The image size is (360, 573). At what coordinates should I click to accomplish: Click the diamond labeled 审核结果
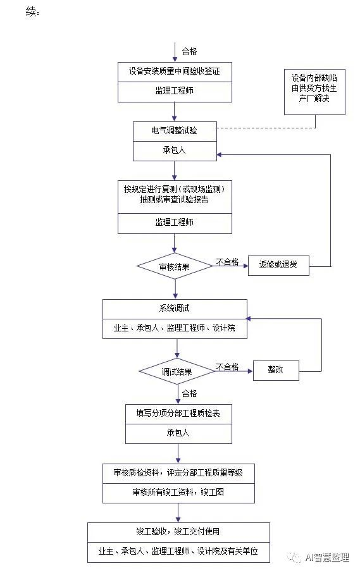point(175,266)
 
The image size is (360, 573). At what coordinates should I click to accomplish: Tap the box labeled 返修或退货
point(278,266)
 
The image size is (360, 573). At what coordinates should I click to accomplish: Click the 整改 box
point(275,370)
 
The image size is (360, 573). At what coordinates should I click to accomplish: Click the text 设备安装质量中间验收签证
point(174,71)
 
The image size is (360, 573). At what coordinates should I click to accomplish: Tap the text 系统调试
point(175,308)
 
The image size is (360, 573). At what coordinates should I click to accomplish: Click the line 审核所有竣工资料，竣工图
point(178,492)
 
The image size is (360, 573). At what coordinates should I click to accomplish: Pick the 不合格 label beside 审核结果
point(227,261)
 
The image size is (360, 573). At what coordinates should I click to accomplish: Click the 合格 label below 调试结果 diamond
point(189,393)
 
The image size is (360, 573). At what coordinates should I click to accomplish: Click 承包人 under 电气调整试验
point(174,151)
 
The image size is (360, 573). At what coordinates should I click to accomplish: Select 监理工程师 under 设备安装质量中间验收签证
point(174,92)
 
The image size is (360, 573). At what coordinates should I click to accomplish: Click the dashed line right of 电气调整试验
point(266,128)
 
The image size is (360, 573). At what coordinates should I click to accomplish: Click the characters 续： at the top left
point(34,11)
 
